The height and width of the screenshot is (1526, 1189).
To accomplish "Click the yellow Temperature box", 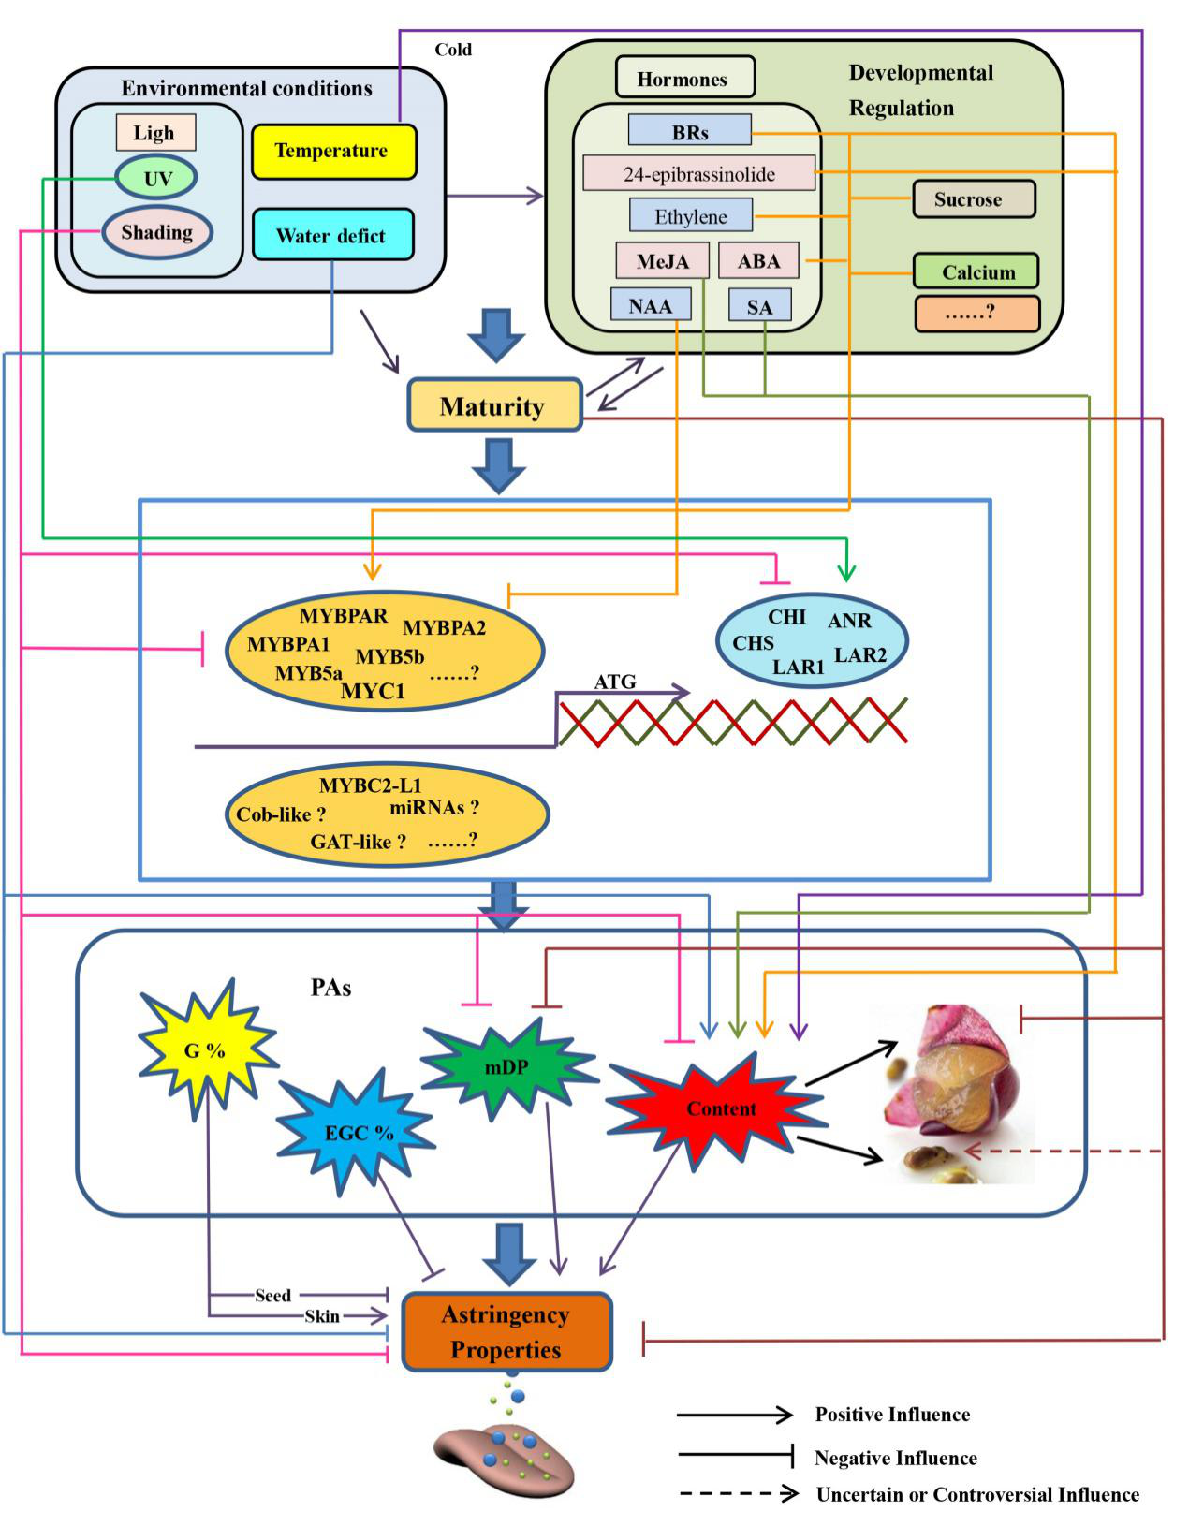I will [x=333, y=151].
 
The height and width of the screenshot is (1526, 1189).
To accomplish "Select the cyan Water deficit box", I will [x=332, y=235].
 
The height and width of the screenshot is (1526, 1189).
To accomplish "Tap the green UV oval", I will [x=156, y=178].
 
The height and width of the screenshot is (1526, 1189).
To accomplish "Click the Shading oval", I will [x=156, y=232].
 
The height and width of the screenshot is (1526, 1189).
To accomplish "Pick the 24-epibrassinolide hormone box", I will [x=698, y=173].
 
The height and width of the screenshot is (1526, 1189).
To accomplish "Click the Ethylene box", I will [x=691, y=216].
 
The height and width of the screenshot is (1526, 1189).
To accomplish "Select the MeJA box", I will [x=663, y=261].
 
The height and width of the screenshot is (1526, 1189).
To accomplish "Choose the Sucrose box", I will [x=973, y=199].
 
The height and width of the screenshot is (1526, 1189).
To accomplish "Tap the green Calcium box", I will [x=976, y=272].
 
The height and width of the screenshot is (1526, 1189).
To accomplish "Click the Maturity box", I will [x=494, y=406].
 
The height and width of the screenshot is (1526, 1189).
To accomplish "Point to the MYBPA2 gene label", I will [x=444, y=628].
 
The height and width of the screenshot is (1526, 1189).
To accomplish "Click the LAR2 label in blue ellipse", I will [x=859, y=654].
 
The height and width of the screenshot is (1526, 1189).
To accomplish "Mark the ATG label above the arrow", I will [x=614, y=682].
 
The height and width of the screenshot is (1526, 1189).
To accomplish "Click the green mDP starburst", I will [x=507, y=1066].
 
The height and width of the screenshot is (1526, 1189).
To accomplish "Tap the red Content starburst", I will [x=719, y=1109].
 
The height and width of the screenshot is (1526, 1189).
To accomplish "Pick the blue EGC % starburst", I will [x=358, y=1132].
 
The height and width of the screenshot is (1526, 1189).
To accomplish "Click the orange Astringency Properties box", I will [x=506, y=1332].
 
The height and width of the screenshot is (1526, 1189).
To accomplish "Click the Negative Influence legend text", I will [x=895, y=1458].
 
